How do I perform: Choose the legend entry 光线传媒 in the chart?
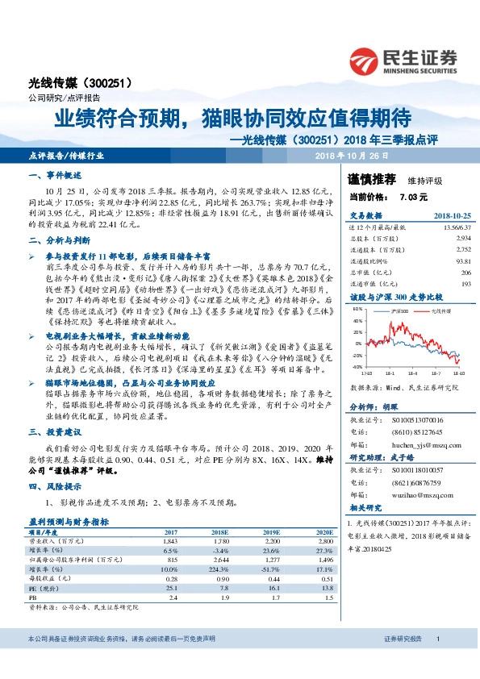pos(440,310)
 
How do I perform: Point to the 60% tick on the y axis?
pos(357,309)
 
